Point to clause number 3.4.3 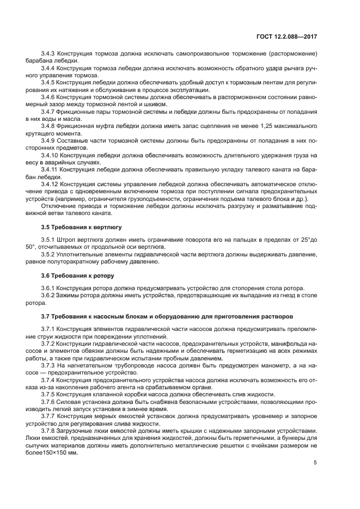coord(49,53)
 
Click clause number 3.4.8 coord(49,125)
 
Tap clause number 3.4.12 coord(51,184)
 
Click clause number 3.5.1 coord(49,240)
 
